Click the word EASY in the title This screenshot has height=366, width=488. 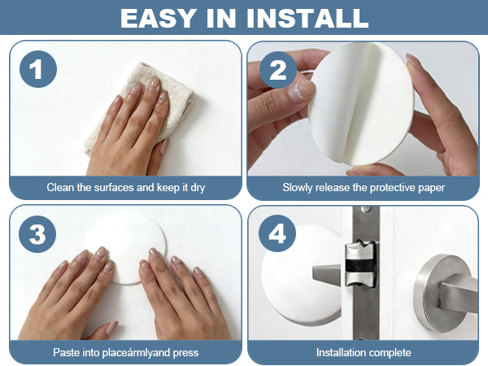[158, 18]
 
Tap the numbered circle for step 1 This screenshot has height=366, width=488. [38, 69]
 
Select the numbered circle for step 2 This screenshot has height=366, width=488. [278, 70]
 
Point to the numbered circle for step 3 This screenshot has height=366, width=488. [37, 234]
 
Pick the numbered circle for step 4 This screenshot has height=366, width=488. [277, 233]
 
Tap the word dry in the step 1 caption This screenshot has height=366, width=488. [198, 188]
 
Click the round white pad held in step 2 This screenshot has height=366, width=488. [361, 104]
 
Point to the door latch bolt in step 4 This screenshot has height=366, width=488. [360, 264]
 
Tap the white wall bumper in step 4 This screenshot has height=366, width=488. [300, 274]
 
